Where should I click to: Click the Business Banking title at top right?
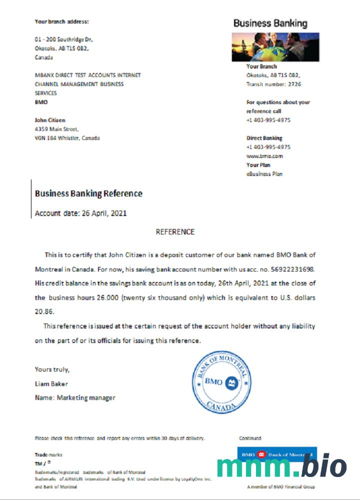coord(270,23)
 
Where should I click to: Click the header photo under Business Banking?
coord(275,47)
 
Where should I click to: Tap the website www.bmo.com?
coord(264,156)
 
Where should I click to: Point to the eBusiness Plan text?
coord(264,174)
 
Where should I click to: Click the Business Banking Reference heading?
coord(88,193)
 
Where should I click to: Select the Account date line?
coord(80,213)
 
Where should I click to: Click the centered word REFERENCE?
coord(175,232)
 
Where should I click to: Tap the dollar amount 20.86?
coord(44,311)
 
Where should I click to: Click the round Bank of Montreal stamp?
coord(221,382)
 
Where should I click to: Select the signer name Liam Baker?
coord(51,383)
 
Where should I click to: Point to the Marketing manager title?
coord(86,397)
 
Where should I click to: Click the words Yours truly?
coord(52,369)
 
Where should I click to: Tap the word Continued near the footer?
coord(250,438)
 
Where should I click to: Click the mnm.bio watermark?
coord(281,466)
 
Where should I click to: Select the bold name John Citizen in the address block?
coord(50,120)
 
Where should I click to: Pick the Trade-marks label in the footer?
coord(48,454)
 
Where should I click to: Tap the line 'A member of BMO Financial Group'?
coord(280,486)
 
